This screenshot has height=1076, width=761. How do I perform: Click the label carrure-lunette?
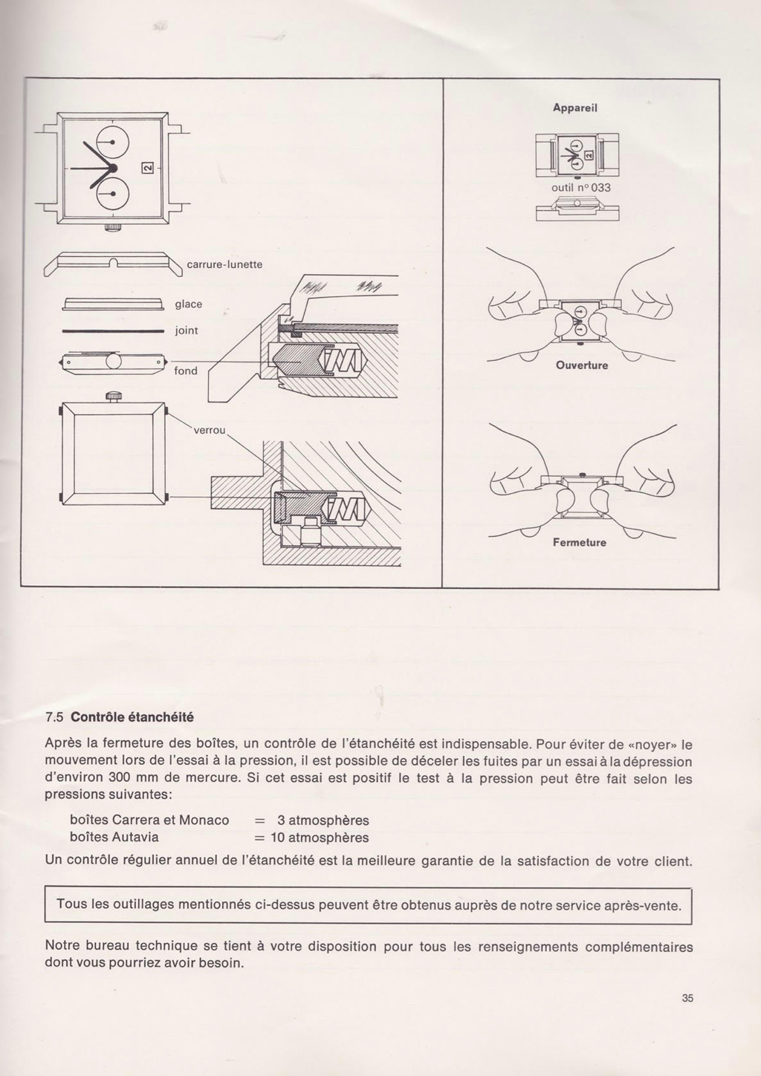(224, 264)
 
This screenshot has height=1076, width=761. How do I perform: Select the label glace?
(189, 304)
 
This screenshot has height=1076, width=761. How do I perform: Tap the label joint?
(187, 330)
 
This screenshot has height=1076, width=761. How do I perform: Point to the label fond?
(186, 371)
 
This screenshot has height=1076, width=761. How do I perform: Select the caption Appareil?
(575, 108)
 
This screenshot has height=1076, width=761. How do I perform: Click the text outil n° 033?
(580, 188)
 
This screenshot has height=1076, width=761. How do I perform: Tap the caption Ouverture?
(580, 365)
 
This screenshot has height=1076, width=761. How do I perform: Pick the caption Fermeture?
(580, 542)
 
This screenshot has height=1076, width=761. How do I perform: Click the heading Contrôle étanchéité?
(132, 717)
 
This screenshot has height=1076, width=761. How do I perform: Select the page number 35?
(687, 999)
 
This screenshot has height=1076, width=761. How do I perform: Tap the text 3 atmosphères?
(323, 821)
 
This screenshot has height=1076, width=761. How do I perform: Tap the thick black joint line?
(112, 331)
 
